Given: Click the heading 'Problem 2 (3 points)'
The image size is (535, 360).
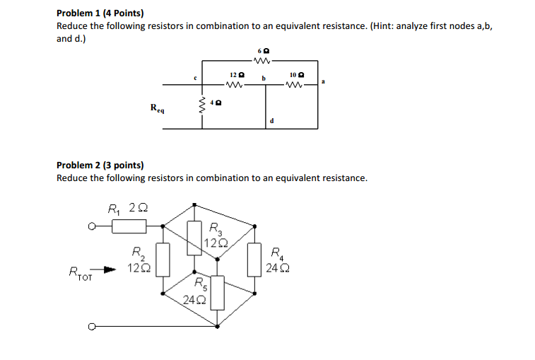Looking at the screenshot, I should click(x=100, y=166).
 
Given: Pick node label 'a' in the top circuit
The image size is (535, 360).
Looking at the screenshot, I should click(x=323, y=81).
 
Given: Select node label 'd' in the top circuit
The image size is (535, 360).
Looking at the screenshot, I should click(x=271, y=122).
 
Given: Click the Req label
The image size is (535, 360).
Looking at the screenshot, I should click(x=158, y=108).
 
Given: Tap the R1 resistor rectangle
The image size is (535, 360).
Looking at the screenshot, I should click(x=129, y=226).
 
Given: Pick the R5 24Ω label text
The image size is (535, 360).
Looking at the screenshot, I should click(x=194, y=291).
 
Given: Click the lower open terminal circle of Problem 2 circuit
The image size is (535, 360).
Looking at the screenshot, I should click(x=90, y=326).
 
